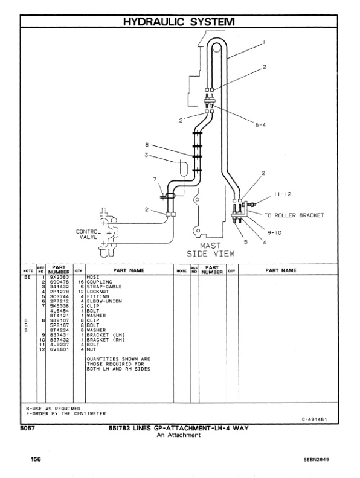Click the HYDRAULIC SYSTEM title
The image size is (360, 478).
(179, 22)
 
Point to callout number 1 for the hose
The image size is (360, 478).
(264, 43)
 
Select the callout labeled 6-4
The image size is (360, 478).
(260, 125)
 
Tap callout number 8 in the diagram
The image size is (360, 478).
(146, 145)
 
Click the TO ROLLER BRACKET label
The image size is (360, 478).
(294, 215)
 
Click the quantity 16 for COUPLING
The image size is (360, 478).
(79, 282)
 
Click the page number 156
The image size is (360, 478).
(36, 459)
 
